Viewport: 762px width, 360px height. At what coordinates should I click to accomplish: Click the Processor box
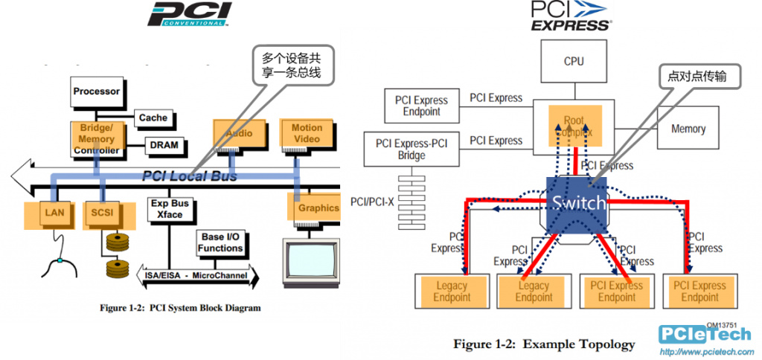tap(96, 91)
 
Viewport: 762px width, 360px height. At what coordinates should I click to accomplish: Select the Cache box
tap(153, 118)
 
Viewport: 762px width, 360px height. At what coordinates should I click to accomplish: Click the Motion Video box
tap(307, 132)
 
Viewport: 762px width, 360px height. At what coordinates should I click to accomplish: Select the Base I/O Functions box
tap(220, 242)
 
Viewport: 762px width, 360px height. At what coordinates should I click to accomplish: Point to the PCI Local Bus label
tap(190, 176)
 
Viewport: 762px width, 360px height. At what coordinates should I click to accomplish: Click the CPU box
tap(574, 62)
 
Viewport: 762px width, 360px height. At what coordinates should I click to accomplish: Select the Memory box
tap(688, 129)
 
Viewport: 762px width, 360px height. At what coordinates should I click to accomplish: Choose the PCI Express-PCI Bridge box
tap(412, 150)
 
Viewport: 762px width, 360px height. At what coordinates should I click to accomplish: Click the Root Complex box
tap(574, 126)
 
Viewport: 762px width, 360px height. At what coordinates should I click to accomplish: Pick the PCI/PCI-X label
tap(372, 202)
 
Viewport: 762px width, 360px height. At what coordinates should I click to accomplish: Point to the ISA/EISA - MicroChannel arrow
tap(198, 276)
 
